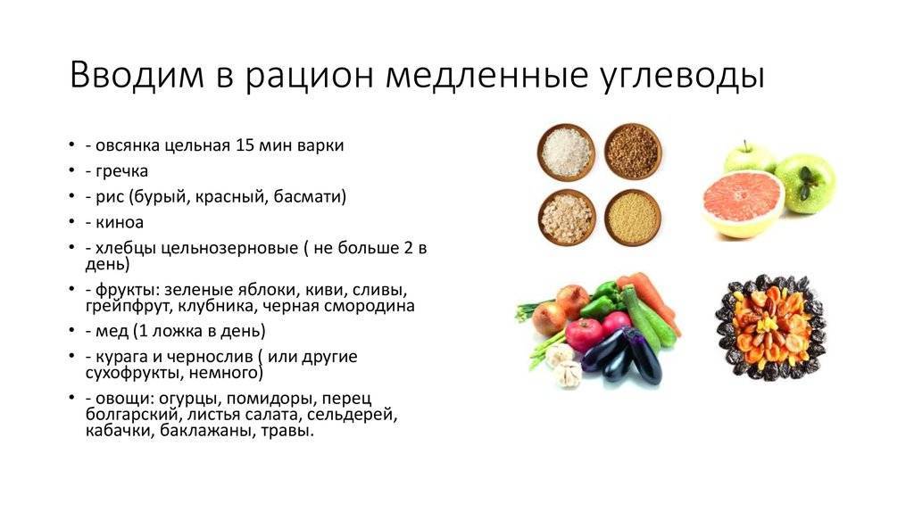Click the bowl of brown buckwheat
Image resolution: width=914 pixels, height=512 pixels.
click(633, 151)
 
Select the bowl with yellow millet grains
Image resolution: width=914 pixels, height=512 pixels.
click(633, 215)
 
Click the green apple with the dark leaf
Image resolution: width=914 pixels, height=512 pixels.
click(805, 183)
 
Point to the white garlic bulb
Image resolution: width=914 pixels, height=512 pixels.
click(562, 365)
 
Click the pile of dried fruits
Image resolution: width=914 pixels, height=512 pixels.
click(770, 326)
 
